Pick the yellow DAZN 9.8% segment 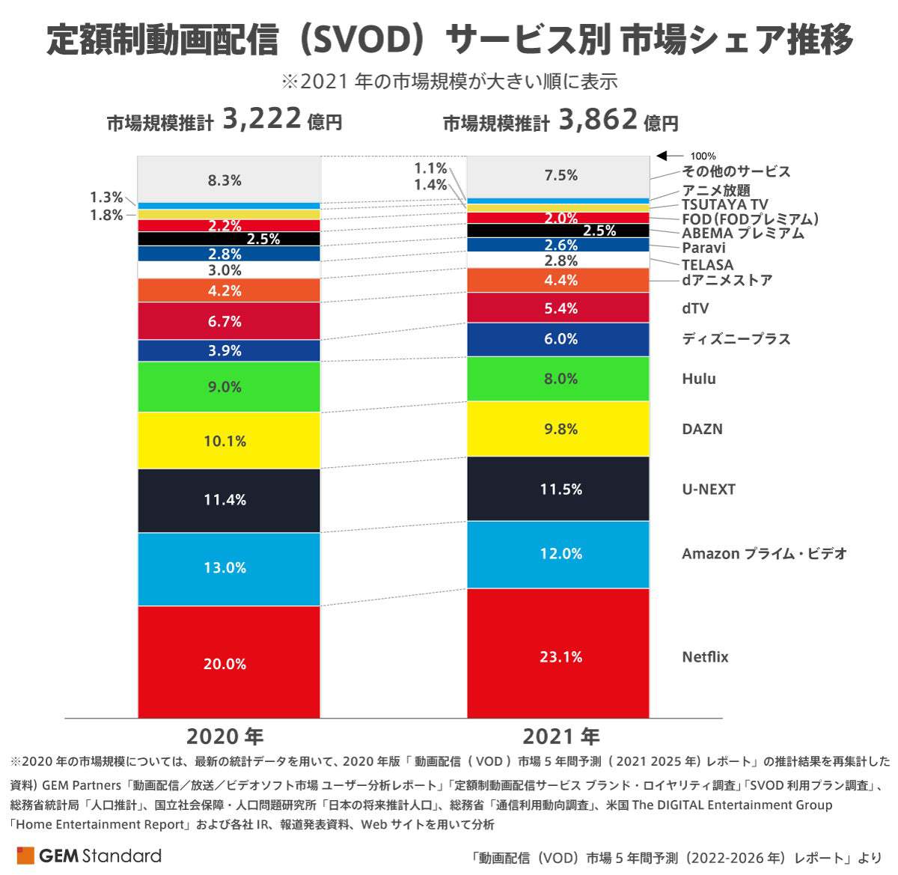pos(558,429)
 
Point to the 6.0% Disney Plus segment pos(558,339)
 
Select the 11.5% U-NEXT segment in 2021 pos(558,489)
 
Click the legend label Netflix pos(705,657)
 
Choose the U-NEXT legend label pos(708,490)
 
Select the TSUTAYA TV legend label pos(724,204)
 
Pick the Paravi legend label pos(703,248)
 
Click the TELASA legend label pos(707,265)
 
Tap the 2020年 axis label pos(224,737)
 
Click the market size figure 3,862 pos(598,119)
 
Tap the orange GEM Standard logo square pos(25,856)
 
